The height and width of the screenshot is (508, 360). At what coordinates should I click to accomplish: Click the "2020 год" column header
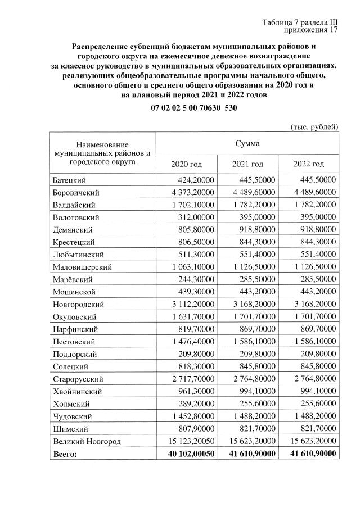(186, 164)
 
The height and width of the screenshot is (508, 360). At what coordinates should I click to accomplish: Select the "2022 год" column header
(309, 164)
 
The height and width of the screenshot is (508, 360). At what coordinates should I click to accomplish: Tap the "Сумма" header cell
(247, 143)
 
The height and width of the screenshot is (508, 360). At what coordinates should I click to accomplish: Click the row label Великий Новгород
(86, 441)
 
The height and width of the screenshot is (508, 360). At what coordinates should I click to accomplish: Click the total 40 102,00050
(187, 453)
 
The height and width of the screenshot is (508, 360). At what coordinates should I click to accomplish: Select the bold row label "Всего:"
(64, 453)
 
